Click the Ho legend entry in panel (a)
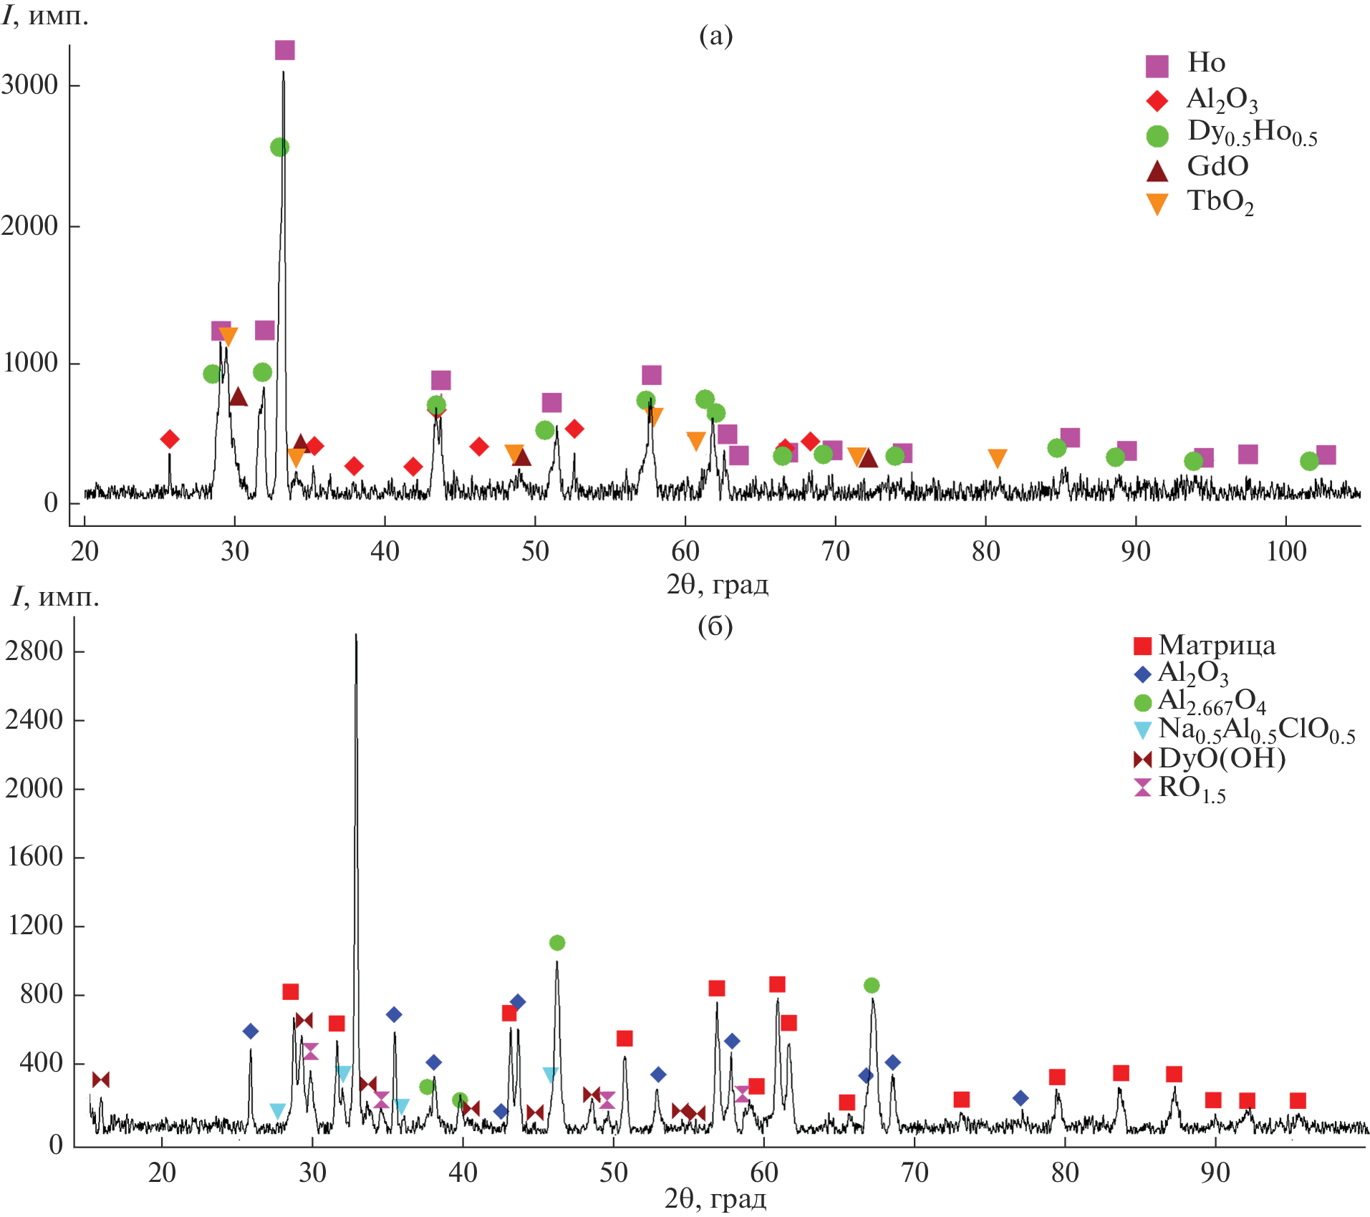(x=1206, y=63)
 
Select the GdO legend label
(x=1217, y=167)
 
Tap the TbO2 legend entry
(x=1220, y=202)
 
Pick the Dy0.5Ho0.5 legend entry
(x=1251, y=132)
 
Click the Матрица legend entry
(x=1216, y=646)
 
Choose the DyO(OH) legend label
(x=1221, y=758)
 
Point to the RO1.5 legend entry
(x=1192, y=788)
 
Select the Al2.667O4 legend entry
(x=1211, y=702)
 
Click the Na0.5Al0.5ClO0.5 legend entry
(x=1255, y=729)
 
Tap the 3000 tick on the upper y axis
(x=30, y=85)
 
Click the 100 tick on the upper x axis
(x=1286, y=551)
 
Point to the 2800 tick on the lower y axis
(x=34, y=651)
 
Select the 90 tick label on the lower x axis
(x=1215, y=1173)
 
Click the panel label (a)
(x=715, y=35)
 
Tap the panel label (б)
(x=715, y=626)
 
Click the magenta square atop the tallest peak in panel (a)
(x=284, y=50)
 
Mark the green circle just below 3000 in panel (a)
(x=279, y=147)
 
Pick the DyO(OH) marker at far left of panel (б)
(x=101, y=1080)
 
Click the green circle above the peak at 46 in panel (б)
(x=557, y=943)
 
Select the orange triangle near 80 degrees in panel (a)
(x=997, y=458)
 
